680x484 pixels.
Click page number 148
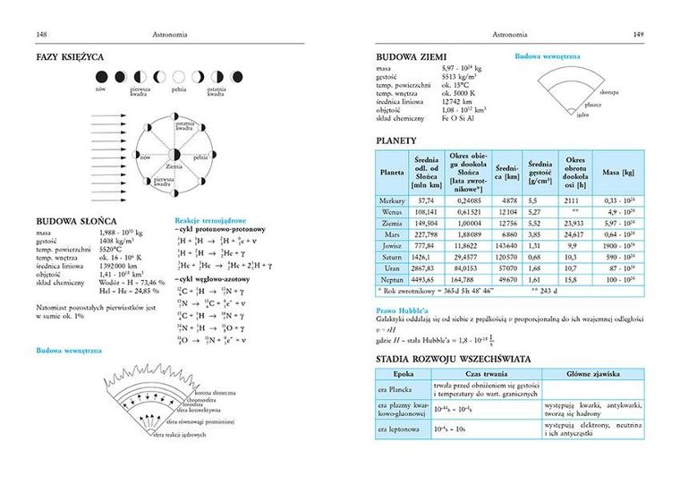[x=41, y=35]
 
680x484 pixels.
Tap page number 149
[x=638, y=35]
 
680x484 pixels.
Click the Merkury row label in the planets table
[x=392, y=201]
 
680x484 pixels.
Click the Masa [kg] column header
[x=617, y=170]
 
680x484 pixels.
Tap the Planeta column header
[x=392, y=170]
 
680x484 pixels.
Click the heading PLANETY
[x=400, y=140]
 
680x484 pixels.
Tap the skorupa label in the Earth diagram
[x=610, y=91]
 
